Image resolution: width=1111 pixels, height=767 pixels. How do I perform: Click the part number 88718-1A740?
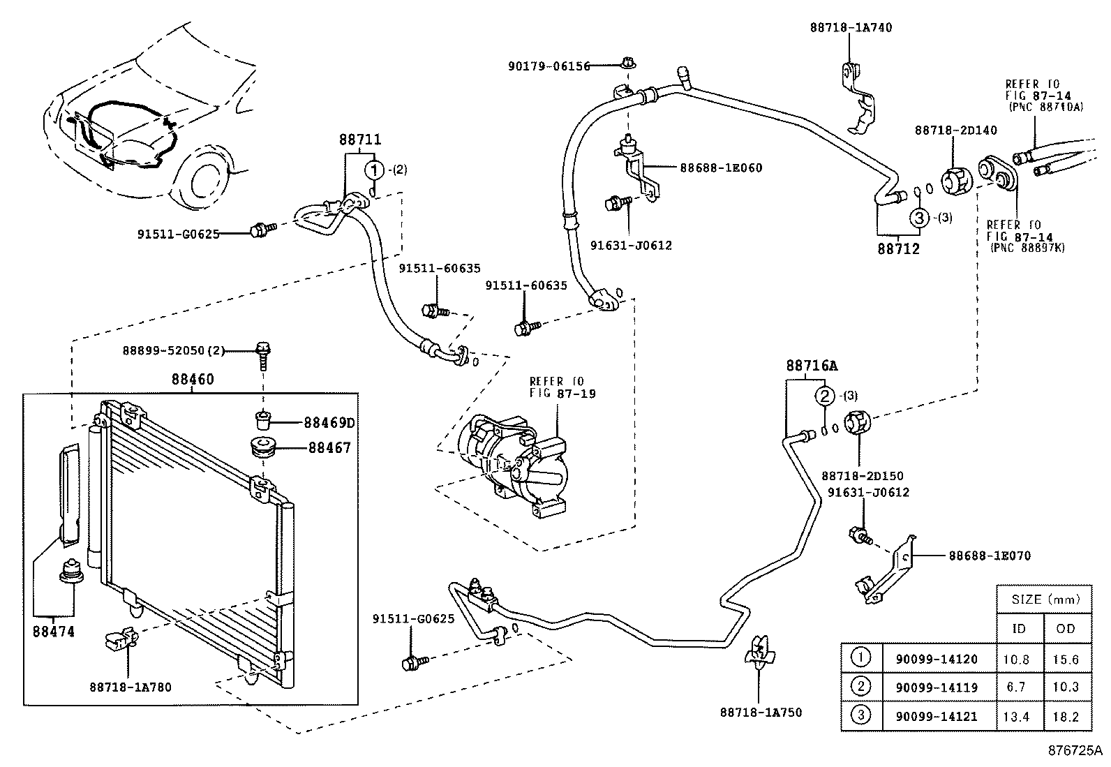pyautogui.click(x=851, y=28)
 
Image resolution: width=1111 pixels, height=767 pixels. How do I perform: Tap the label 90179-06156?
pyautogui.click(x=549, y=66)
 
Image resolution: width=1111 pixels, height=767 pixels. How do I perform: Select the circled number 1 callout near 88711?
pyautogui.click(x=375, y=170)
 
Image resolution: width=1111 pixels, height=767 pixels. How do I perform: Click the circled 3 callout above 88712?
pyautogui.click(x=919, y=218)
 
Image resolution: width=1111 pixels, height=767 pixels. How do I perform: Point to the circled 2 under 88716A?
pyautogui.click(x=825, y=396)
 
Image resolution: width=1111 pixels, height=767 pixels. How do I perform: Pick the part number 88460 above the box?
pyautogui.click(x=193, y=380)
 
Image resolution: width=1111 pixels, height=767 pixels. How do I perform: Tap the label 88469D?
pyautogui.click(x=329, y=423)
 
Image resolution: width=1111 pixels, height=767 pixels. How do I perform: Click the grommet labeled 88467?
pyautogui.click(x=262, y=447)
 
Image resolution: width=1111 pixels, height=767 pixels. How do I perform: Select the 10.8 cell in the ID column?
pyautogui.click(x=1018, y=659)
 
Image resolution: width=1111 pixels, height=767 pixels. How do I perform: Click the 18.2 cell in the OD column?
pyautogui.click(x=1066, y=716)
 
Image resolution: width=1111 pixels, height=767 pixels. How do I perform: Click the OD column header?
pyautogui.click(x=1066, y=628)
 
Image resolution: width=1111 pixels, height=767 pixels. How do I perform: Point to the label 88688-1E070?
pyautogui.click(x=989, y=556)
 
